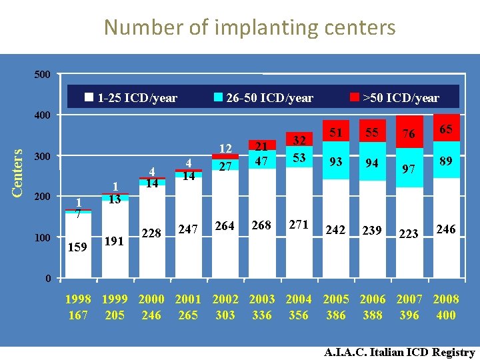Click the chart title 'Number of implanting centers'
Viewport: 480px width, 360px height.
point(249,27)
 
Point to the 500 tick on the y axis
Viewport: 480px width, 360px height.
point(41,74)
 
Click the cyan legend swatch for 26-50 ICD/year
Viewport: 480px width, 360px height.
point(218,97)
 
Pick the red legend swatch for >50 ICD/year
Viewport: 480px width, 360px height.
point(355,97)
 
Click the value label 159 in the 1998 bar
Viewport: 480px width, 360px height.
point(78,247)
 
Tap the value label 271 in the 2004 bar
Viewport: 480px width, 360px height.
point(298,225)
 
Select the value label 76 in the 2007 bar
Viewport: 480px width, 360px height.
point(408,134)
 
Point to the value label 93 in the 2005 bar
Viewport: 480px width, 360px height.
point(335,162)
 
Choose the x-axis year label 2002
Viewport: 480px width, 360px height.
point(225,299)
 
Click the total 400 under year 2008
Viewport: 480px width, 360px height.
point(445,315)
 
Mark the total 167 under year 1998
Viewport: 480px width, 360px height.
point(78,315)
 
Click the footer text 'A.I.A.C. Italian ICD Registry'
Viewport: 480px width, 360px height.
point(399,352)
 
